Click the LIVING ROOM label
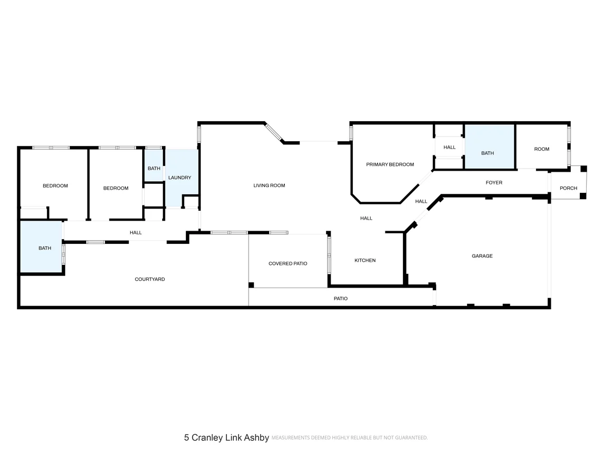click(x=269, y=185)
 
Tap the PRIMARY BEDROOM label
click(x=390, y=164)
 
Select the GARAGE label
click(x=482, y=256)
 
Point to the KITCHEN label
click(x=365, y=260)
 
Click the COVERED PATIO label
click(x=288, y=263)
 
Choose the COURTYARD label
click(x=150, y=279)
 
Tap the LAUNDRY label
click(x=180, y=178)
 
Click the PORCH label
click(x=568, y=188)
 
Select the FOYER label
click(x=494, y=183)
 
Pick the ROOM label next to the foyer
click(x=541, y=149)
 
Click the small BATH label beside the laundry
click(x=154, y=169)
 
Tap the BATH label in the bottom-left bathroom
click(x=45, y=248)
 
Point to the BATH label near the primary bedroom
click(x=488, y=153)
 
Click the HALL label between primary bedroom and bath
click(x=449, y=147)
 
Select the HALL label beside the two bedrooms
click(x=135, y=232)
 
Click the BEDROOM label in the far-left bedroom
click(x=55, y=186)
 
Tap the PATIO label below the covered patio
click(x=341, y=299)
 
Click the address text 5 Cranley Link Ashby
click(x=226, y=437)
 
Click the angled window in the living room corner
click(x=274, y=132)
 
